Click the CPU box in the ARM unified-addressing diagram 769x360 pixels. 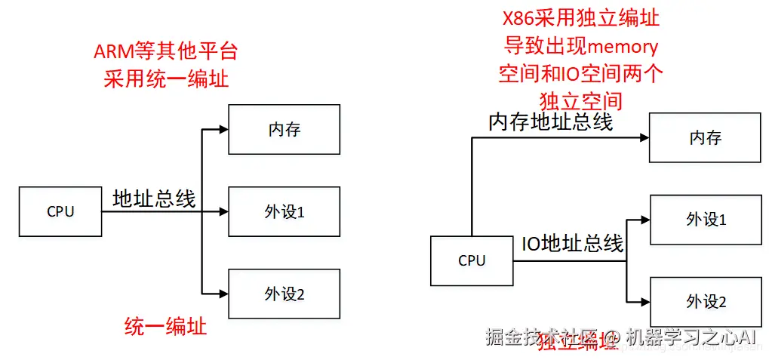[60, 212]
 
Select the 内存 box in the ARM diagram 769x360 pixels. [284, 130]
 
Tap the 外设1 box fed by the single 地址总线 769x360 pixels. [284, 212]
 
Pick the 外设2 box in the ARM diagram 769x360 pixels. [284, 294]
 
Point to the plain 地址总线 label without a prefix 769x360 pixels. [154, 199]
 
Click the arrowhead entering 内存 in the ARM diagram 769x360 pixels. [223, 130]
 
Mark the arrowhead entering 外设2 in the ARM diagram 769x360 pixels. [223, 294]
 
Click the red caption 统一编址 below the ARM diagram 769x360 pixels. [165, 328]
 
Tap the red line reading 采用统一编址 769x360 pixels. [165, 78]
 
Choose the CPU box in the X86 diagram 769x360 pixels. [472, 261]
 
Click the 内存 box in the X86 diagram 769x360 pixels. [705, 138]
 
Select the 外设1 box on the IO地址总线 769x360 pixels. [705, 220]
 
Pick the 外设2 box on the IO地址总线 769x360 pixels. [705, 302]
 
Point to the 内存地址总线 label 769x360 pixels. [550, 122]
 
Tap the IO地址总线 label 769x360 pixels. [573, 244]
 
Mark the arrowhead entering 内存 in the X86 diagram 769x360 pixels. [644, 138]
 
